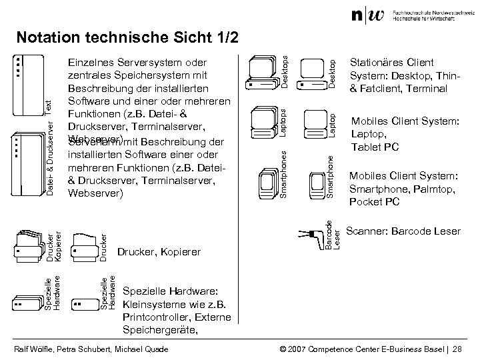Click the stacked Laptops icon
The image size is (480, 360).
pyautogui.click(x=263, y=122)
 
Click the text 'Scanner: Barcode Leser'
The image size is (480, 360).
pyautogui.click(x=403, y=231)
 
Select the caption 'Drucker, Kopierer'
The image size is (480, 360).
pyautogui.click(x=159, y=252)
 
